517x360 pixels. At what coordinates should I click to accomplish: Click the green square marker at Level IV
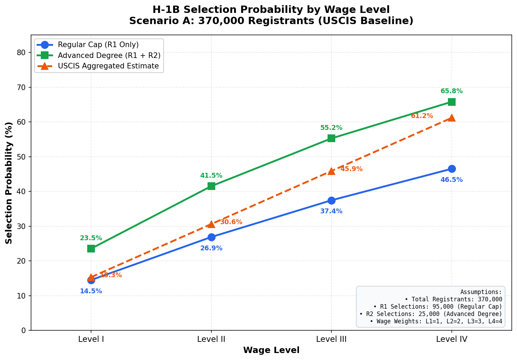coord(451,102)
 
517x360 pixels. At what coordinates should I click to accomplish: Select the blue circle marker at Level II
coord(211,237)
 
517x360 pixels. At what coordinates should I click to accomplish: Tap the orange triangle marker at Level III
coord(331,171)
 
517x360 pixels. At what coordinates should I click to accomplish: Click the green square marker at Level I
coord(91,249)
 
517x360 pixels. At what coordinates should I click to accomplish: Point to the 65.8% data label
coord(451,91)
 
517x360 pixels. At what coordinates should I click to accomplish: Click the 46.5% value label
coord(451,180)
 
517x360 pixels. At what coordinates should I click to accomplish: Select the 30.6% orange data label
coord(231,222)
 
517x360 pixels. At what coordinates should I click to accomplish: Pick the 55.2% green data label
coord(331,128)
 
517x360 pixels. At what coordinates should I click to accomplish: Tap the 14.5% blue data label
coord(91,291)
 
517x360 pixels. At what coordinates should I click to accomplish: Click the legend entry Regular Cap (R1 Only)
coord(98,45)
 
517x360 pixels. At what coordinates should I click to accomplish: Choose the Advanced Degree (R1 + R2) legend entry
coord(109,55)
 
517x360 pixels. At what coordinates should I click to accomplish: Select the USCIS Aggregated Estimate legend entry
coord(108,66)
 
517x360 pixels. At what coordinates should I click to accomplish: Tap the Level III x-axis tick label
coord(331,338)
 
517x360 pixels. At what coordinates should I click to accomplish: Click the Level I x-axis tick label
coord(91,338)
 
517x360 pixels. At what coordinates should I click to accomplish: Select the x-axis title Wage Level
coord(271,350)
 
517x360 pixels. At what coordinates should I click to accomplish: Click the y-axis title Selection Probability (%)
coord(9,183)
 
